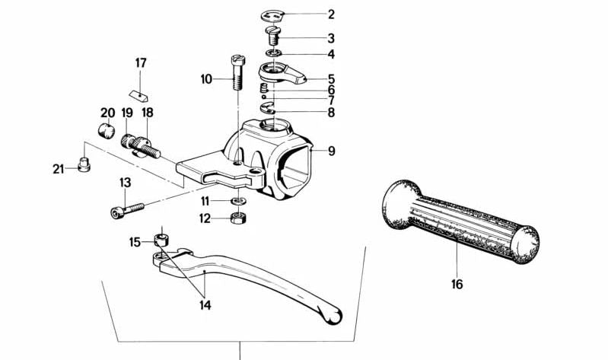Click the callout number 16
[x=457, y=285]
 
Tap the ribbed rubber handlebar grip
[x=460, y=222]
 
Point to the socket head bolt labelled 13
[x=127, y=210]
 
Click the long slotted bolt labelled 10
[x=238, y=72]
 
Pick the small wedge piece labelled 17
[x=138, y=95]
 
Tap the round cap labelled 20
[x=107, y=129]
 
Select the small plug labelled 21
[x=84, y=167]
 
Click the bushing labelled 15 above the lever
[x=161, y=241]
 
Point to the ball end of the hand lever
[x=333, y=315]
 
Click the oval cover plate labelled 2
[x=272, y=16]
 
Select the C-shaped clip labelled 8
[x=269, y=108]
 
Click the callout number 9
[x=331, y=151]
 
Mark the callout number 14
[x=205, y=305]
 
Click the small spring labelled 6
[x=263, y=88]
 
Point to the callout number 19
[x=127, y=113]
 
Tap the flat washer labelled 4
[x=274, y=53]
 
